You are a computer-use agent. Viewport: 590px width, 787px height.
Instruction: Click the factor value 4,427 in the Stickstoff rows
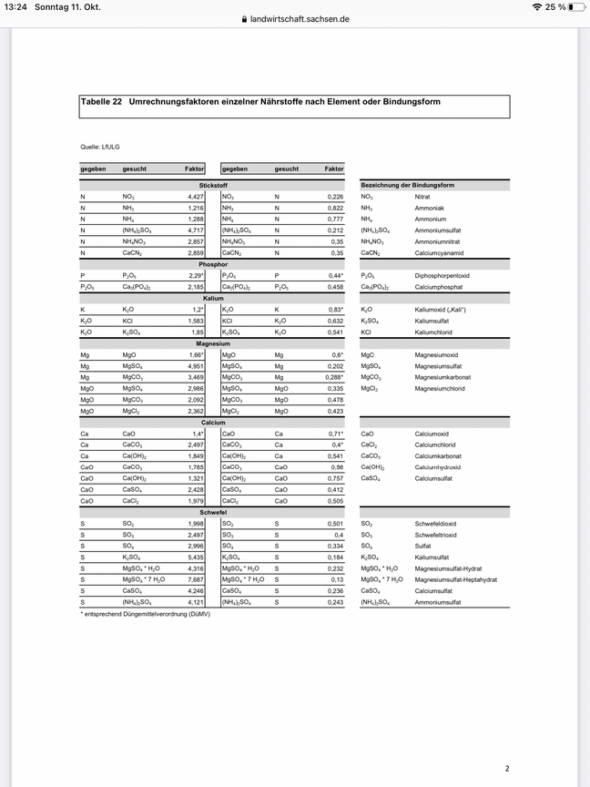click(196, 197)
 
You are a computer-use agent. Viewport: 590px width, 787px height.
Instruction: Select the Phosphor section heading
click(213, 264)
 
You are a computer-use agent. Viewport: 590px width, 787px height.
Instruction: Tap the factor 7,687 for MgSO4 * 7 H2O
click(196, 579)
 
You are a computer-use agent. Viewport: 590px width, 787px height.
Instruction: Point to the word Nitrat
click(422, 197)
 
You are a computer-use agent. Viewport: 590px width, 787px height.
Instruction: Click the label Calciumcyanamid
click(435, 253)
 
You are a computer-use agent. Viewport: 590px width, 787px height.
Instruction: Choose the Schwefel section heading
click(213, 512)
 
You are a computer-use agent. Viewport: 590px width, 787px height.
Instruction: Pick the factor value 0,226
click(335, 197)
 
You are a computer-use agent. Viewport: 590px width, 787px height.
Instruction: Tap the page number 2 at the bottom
click(507, 743)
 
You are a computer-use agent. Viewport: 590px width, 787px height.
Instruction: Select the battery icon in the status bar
click(577, 7)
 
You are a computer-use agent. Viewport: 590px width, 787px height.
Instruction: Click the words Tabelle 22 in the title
click(102, 102)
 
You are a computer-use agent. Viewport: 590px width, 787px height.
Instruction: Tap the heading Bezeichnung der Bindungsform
click(408, 185)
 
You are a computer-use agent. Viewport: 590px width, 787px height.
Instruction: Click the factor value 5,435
click(196, 557)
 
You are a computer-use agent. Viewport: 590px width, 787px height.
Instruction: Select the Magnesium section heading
click(213, 343)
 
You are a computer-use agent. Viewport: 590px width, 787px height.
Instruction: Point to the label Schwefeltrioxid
click(438, 535)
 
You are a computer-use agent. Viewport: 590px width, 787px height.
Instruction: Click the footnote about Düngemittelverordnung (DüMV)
click(145, 614)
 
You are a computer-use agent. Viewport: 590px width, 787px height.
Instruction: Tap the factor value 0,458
click(335, 287)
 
